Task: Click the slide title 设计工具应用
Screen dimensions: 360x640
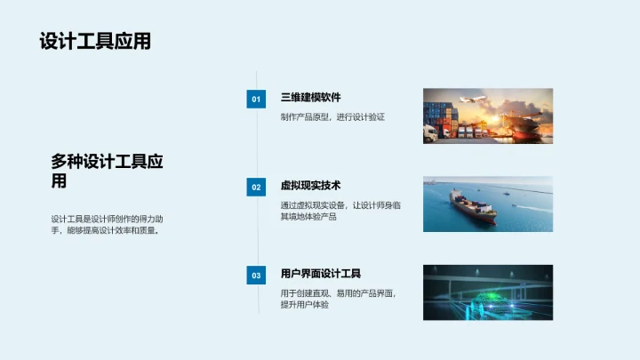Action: pyautogui.click(x=95, y=42)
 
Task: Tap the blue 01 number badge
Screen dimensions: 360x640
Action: pyautogui.click(x=256, y=100)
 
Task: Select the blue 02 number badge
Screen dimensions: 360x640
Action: pyautogui.click(x=256, y=188)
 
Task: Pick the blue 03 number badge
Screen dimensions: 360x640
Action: pyautogui.click(x=256, y=276)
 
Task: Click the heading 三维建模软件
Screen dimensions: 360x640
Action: pyautogui.click(x=310, y=98)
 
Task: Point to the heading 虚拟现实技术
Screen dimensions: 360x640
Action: pyautogui.click(x=310, y=186)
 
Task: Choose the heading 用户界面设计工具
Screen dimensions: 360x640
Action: pyautogui.click(x=320, y=274)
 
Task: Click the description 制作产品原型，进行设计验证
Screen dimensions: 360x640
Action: pyautogui.click(x=332, y=116)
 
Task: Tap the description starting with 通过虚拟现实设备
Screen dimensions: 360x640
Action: pyautogui.click(x=340, y=211)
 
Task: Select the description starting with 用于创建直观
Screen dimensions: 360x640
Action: pyautogui.click(x=338, y=299)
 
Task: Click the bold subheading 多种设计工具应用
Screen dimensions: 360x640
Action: pyautogui.click(x=107, y=171)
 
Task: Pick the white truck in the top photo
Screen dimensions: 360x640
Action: pyautogui.click(x=432, y=134)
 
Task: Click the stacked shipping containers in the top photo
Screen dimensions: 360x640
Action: pyautogui.click(x=439, y=116)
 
